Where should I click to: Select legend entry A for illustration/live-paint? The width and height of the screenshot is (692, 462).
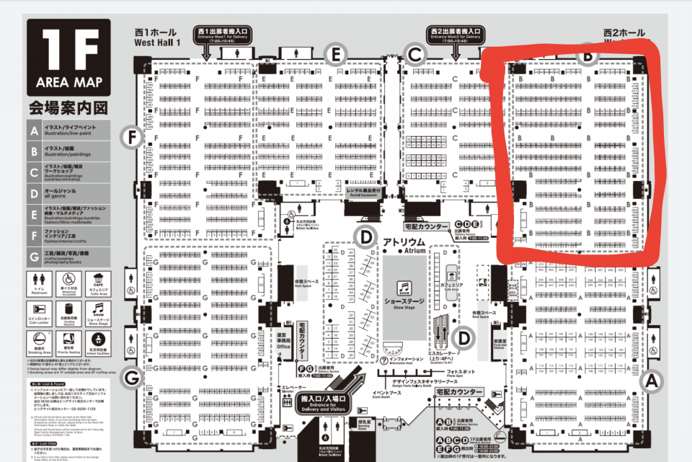[69, 130]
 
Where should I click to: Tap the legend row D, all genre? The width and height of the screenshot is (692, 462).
[69, 193]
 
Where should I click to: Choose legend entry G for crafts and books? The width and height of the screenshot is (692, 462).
[69, 256]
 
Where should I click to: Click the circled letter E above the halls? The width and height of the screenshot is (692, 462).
[336, 53]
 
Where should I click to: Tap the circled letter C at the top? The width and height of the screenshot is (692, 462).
[414, 53]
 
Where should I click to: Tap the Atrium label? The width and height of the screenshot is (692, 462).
[406, 241]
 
